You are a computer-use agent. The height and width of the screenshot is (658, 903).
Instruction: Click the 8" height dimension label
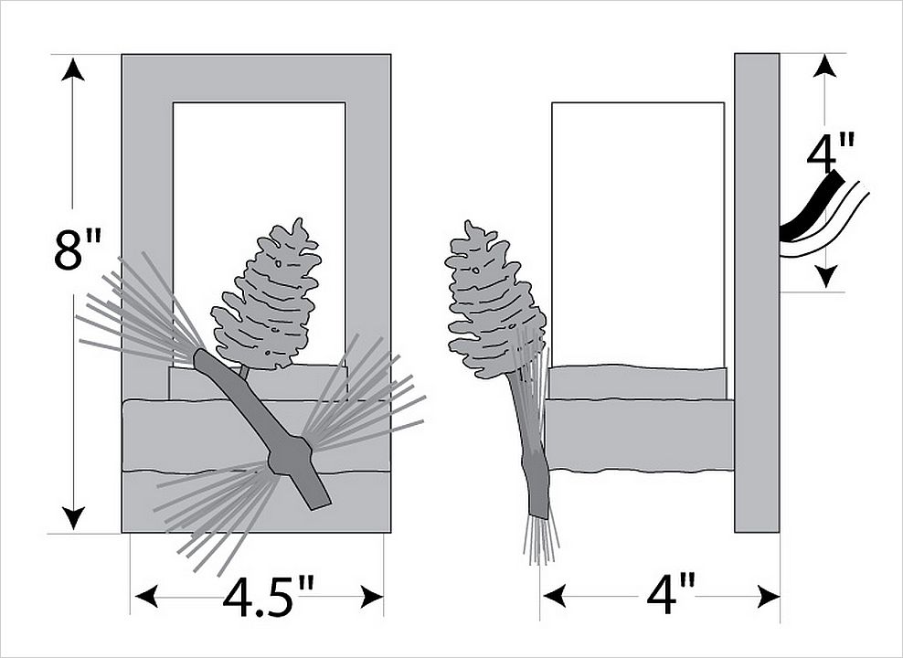pos(77,249)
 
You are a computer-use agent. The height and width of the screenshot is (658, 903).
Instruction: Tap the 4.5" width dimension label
pos(269,597)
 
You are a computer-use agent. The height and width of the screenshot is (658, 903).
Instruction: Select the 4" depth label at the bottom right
pos(670,596)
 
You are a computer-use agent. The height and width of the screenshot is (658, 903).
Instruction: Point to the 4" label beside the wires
pos(829,152)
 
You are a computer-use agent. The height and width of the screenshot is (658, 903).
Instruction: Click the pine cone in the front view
pos(266,295)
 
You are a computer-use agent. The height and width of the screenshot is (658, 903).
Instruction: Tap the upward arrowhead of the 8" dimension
pos(72,69)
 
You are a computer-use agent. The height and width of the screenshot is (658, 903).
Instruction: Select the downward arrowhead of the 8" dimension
pos(72,517)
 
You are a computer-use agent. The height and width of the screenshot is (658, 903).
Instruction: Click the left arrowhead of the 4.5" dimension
pos(145,597)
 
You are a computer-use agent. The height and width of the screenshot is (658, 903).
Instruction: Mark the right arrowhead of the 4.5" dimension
pos(371,597)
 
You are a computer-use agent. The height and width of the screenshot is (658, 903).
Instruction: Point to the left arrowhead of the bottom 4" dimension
pos(554,597)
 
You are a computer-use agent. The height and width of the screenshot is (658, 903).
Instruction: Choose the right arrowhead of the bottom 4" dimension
pos(769,597)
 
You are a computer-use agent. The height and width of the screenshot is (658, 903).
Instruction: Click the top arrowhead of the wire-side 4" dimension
pos(825,66)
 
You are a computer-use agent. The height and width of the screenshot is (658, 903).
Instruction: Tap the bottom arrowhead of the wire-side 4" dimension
pos(826,276)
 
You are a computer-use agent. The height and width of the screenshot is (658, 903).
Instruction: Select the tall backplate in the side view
pos(757,292)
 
